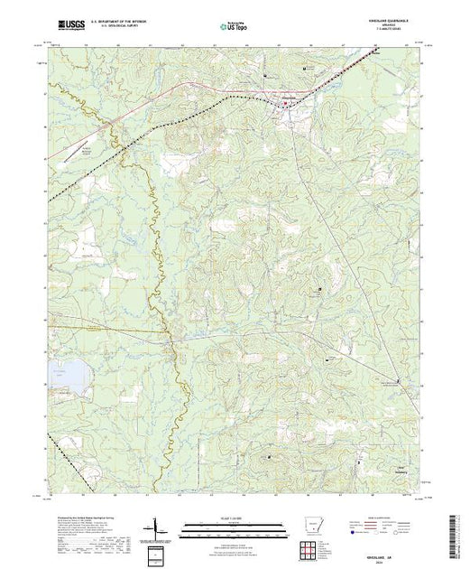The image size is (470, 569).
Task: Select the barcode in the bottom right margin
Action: [456, 533]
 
